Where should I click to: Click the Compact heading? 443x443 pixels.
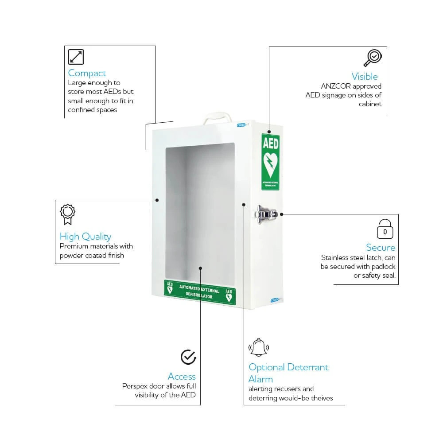(87, 73)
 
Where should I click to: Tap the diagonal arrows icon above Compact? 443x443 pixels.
(76, 57)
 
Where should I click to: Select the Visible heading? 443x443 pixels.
(365, 76)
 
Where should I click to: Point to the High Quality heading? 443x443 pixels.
(85, 237)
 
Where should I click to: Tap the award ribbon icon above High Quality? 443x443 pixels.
(67, 214)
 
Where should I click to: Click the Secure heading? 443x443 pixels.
(381, 247)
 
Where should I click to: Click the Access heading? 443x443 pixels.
(182, 377)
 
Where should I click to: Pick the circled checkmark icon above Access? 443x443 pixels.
(188, 357)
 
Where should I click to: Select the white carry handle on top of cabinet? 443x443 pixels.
(217, 118)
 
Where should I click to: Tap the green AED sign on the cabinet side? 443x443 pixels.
(270, 162)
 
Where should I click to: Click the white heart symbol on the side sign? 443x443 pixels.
(270, 164)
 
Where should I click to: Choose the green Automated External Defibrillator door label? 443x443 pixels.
(200, 292)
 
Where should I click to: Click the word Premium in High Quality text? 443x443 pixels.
(74, 246)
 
